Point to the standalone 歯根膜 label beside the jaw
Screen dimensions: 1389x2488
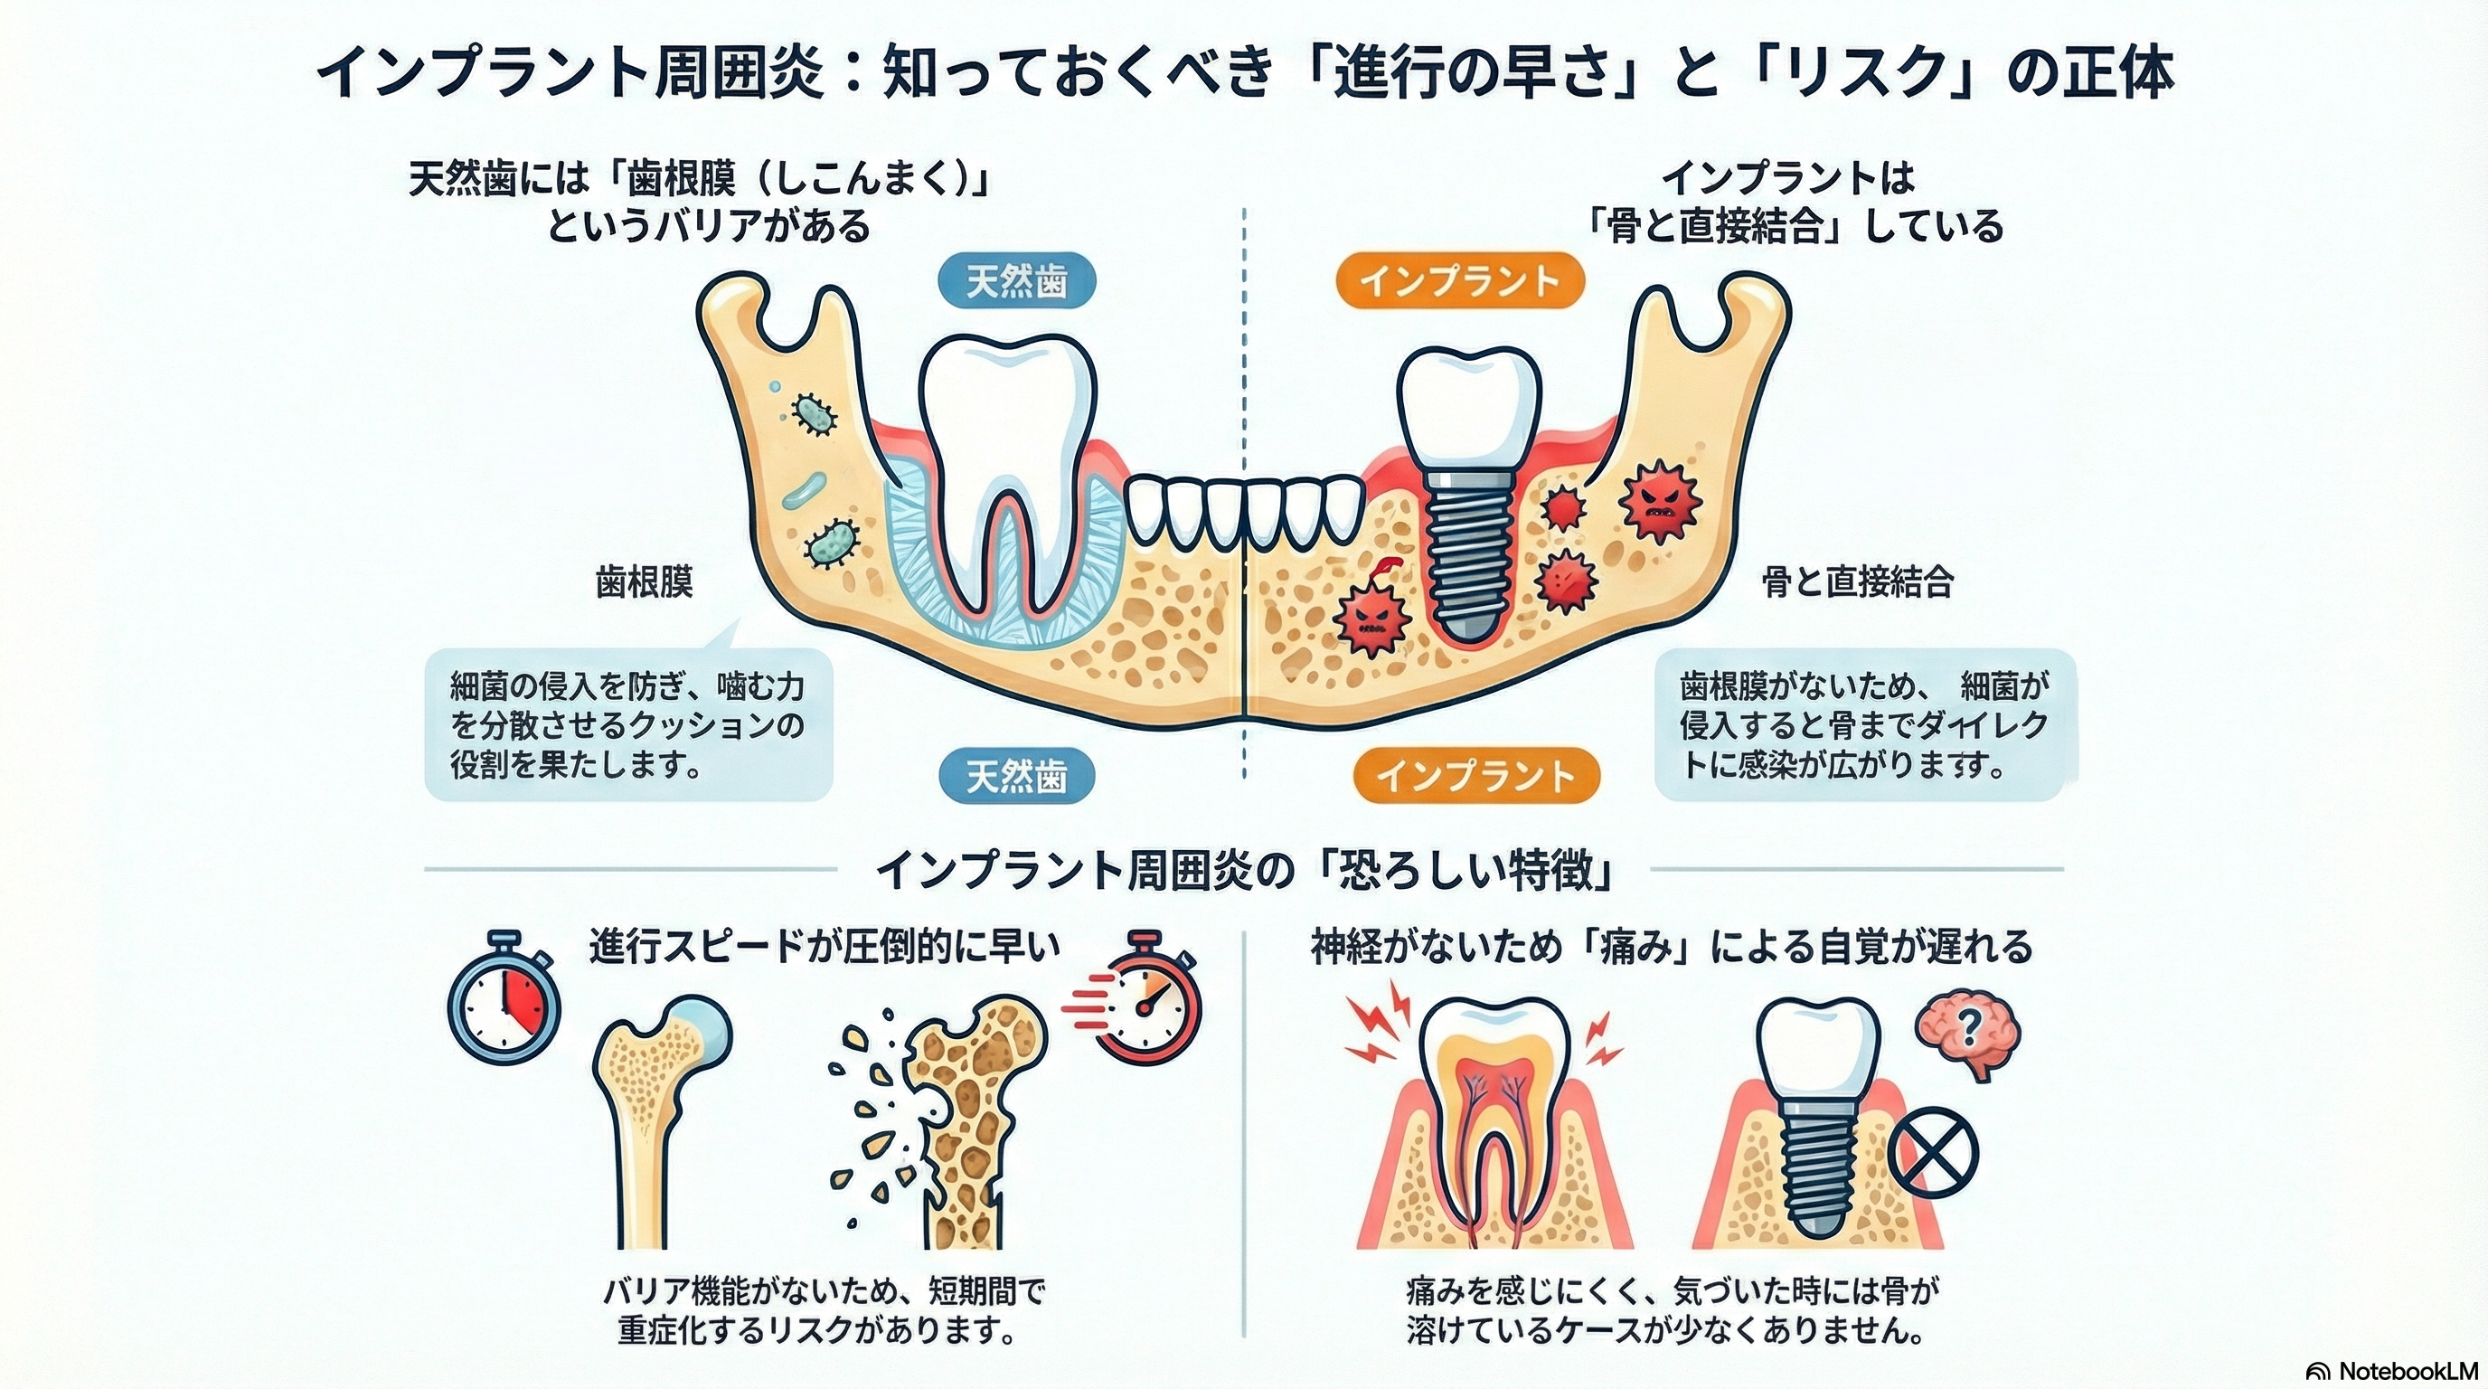[x=645, y=582]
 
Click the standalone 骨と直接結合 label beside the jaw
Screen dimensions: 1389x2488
[x=1857, y=582]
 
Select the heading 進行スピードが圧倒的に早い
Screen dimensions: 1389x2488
[x=824, y=948]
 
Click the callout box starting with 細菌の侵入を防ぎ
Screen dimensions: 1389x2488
[x=627, y=725]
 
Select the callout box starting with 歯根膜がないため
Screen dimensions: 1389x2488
[x=1864, y=725]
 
